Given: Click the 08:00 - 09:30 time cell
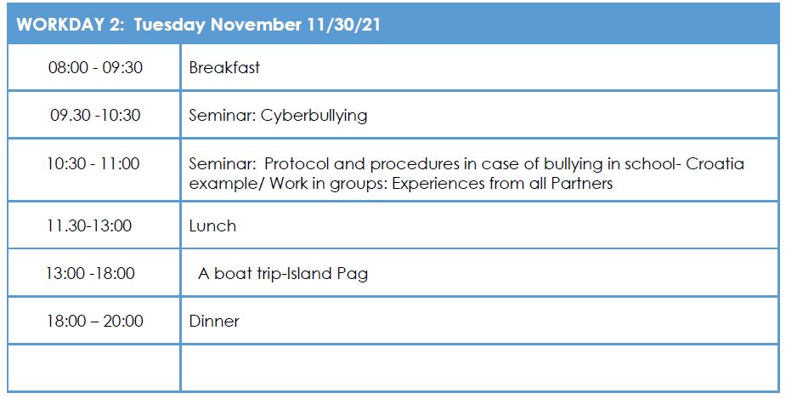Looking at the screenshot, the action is (95, 67).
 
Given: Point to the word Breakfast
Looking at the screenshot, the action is (224, 67).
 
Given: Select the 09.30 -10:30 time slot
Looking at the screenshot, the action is (95, 115).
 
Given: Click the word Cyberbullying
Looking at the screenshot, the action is (314, 116).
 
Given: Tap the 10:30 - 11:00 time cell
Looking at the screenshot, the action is (93, 163).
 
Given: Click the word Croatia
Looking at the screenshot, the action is (715, 163).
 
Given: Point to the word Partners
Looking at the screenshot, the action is (582, 183).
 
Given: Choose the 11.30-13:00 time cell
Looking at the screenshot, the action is (89, 225).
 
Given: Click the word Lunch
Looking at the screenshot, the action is (212, 225).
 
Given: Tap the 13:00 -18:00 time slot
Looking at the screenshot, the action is (90, 274).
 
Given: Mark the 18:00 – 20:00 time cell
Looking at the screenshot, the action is (95, 321).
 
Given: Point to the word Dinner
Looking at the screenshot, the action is (214, 322).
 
